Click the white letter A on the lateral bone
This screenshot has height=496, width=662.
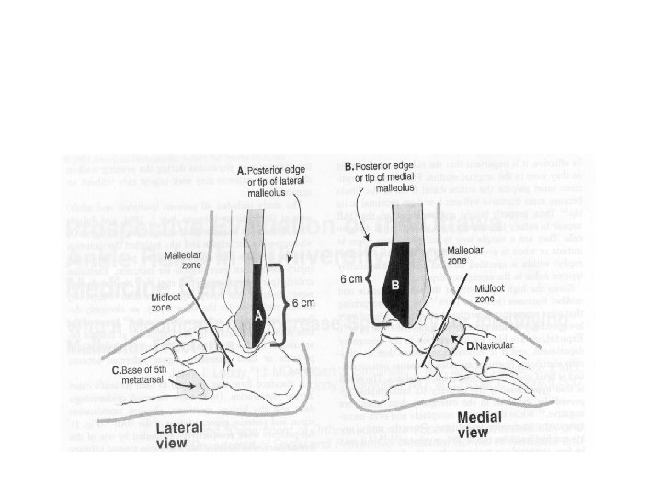click(x=259, y=315)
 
